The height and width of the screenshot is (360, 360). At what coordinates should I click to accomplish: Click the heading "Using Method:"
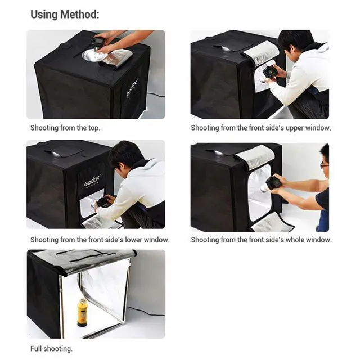(x=65, y=14)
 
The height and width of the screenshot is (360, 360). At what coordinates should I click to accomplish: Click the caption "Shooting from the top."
(x=65, y=128)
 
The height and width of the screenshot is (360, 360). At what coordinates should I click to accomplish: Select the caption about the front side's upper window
(x=260, y=128)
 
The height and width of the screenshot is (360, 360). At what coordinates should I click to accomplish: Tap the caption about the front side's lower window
(x=100, y=240)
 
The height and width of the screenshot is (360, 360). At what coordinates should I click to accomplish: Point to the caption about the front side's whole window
(x=261, y=240)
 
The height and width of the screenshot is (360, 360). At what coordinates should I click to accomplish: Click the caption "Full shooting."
(x=51, y=349)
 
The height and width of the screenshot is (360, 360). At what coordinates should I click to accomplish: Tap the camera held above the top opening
(x=98, y=42)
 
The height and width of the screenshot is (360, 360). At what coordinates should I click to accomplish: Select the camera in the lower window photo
(x=103, y=201)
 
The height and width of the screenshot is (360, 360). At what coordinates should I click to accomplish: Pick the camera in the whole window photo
(x=273, y=183)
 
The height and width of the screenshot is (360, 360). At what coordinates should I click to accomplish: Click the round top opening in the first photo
(x=93, y=55)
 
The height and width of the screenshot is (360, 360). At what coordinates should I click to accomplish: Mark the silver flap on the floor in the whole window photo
(x=272, y=223)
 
